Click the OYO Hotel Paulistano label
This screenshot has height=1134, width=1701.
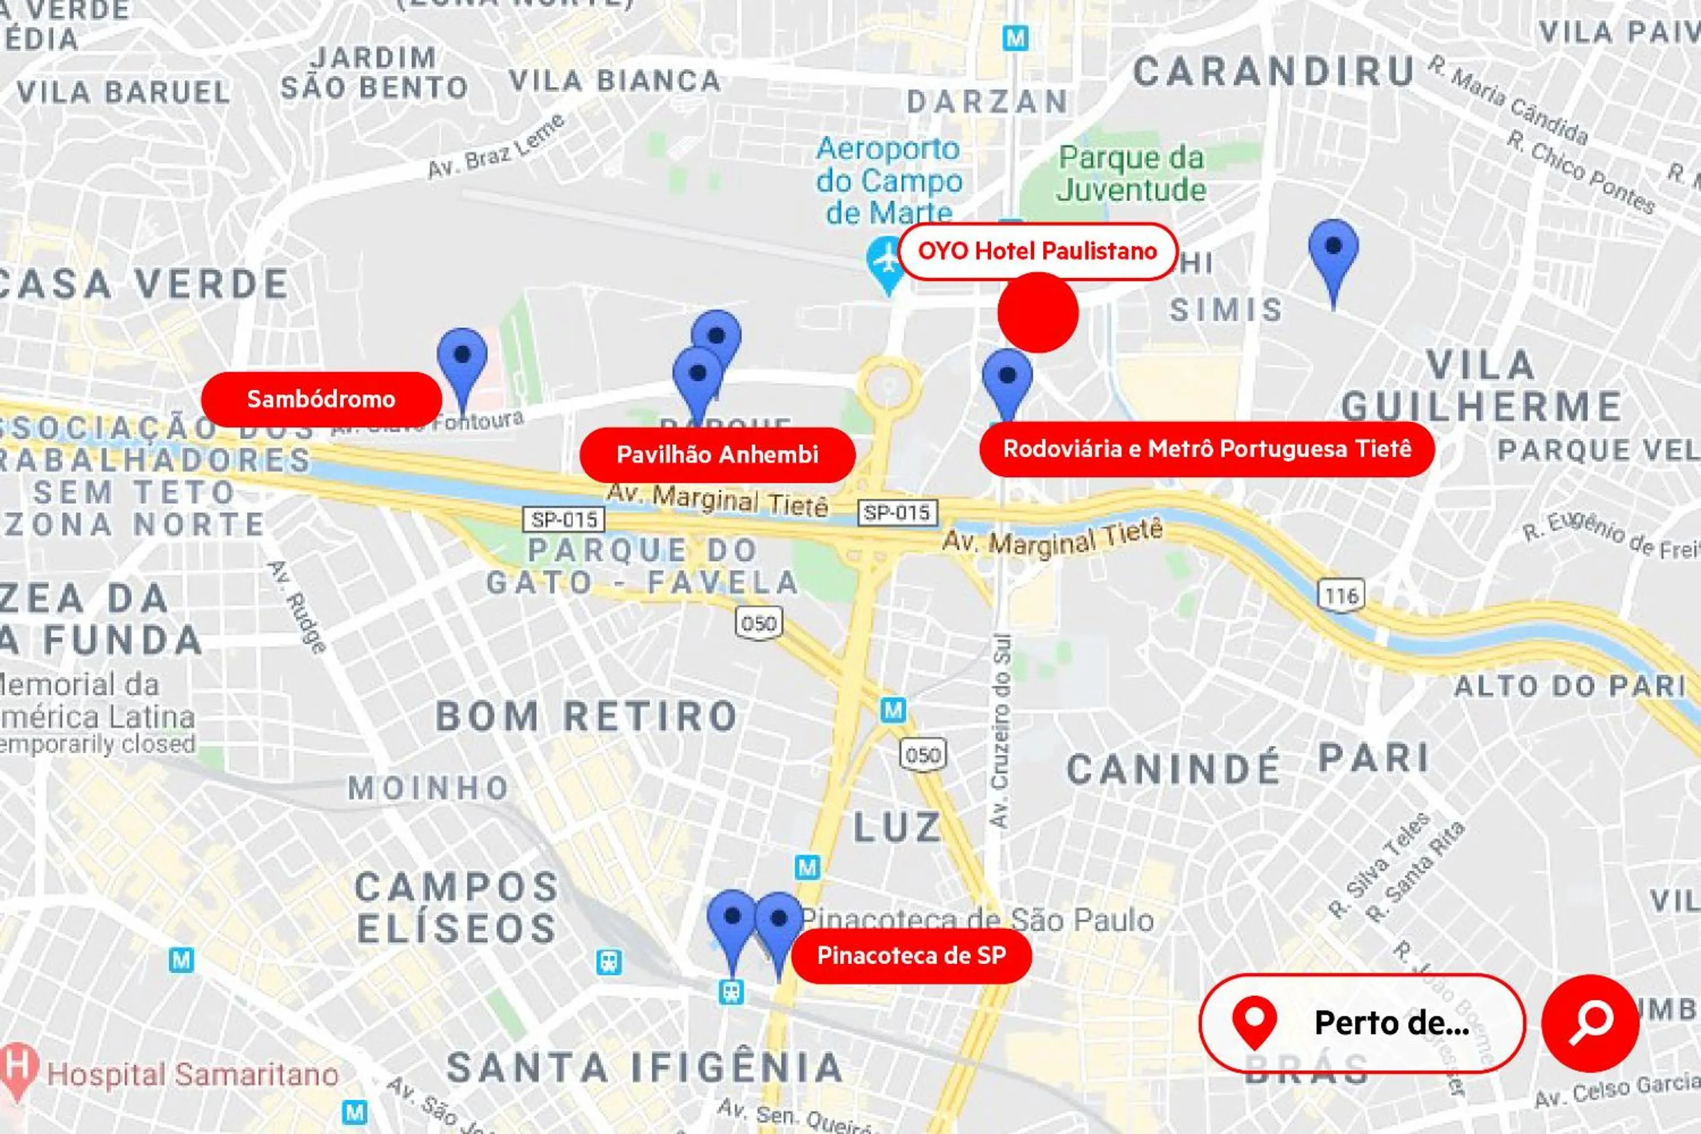coord(1038,251)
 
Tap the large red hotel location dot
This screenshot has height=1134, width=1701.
coord(1038,312)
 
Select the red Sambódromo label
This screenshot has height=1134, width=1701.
coord(321,399)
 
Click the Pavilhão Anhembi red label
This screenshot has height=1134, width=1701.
coord(718,455)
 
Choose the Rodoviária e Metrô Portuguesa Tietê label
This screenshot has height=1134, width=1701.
coord(1206,449)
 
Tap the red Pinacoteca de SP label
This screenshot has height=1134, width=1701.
coord(911,956)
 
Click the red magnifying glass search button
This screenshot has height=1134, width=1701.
coord(1591,1022)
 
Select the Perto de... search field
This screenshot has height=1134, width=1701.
coord(1363,1022)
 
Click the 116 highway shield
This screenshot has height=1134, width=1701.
coord(1341,596)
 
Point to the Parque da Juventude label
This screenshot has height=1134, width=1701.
coord(1131,174)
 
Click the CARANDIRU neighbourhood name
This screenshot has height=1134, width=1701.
coord(1273,72)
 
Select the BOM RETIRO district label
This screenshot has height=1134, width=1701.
coord(586,716)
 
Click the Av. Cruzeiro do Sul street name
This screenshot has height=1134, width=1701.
coord(1001,731)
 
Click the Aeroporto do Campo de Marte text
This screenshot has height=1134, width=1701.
coord(889,181)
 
